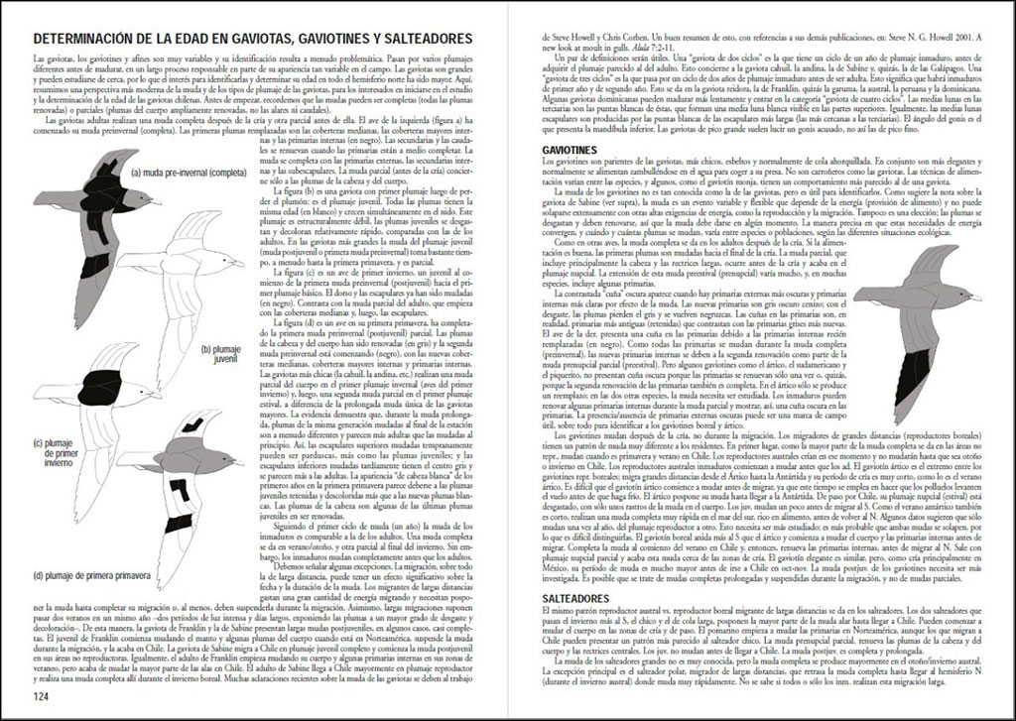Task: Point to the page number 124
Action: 42,695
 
